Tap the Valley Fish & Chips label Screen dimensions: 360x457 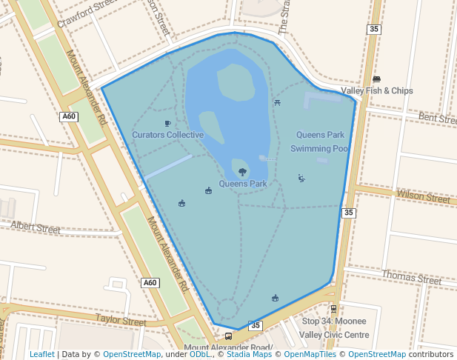coord(377,91)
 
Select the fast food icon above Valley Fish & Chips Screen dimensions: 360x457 coord(376,79)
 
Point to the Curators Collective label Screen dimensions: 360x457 coord(168,135)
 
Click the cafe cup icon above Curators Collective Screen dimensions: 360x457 coord(167,123)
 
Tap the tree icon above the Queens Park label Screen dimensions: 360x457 coord(242,171)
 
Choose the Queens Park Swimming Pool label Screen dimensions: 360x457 coord(320,141)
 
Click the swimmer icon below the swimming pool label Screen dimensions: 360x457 coord(301,178)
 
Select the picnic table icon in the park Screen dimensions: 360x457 coord(277,102)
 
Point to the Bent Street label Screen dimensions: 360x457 coord(437,118)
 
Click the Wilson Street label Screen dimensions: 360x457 coord(423,197)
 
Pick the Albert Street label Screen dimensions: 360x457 coord(36,226)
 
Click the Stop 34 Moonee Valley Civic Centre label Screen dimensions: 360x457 coord(335,328)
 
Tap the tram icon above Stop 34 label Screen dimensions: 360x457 coord(333,309)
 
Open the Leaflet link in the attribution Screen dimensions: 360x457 coord(42,354)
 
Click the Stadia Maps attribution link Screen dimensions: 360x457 coord(249,354)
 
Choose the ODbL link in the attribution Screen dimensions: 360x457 coord(199,354)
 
